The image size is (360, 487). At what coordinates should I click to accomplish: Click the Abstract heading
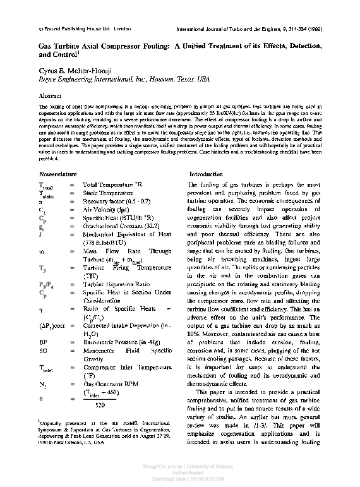point(51,97)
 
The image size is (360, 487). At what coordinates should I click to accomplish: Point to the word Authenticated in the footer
point(179,477)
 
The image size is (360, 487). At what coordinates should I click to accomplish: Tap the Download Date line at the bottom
point(179,483)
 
